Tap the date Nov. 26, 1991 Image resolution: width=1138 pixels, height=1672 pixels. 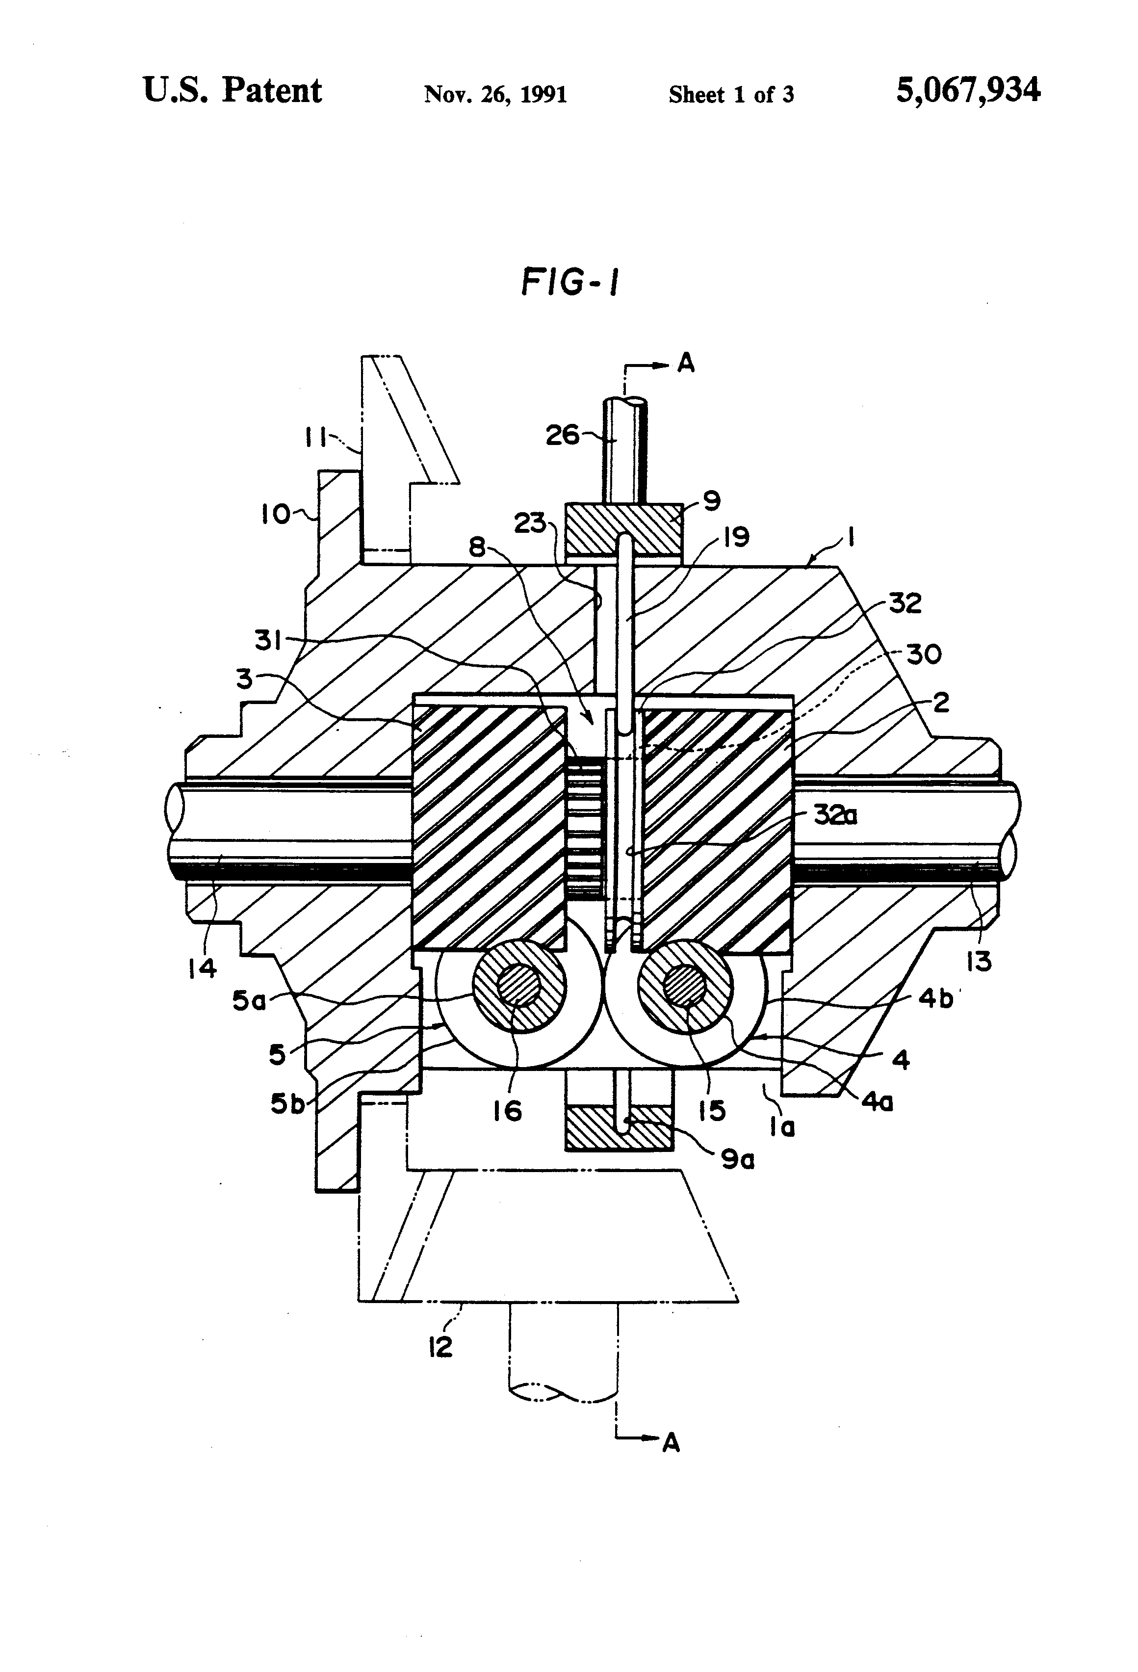tap(495, 94)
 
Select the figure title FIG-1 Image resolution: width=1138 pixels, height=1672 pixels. tap(569, 282)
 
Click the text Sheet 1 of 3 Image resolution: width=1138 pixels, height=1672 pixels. tap(731, 94)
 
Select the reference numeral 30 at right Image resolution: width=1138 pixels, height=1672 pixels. tap(924, 654)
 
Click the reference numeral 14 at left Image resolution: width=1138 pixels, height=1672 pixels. tap(202, 968)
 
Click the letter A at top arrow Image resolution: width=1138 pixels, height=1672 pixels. tap(686, 364)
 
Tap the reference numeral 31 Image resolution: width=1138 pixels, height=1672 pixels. tap(268, 640)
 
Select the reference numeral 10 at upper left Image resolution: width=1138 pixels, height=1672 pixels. tap(275, 514)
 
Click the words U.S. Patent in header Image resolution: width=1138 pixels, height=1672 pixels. tap(233, 91)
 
